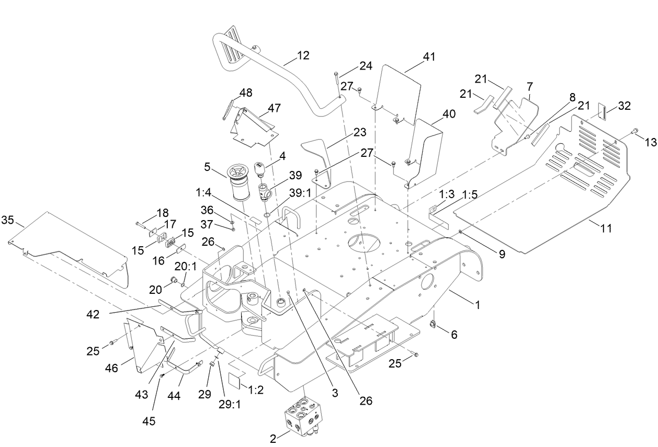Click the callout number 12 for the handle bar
(303, 55)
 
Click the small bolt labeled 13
(634, 130)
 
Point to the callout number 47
(274, 108)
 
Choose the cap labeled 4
(260, 169)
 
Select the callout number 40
(449, 114)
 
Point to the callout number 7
(530, 85)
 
